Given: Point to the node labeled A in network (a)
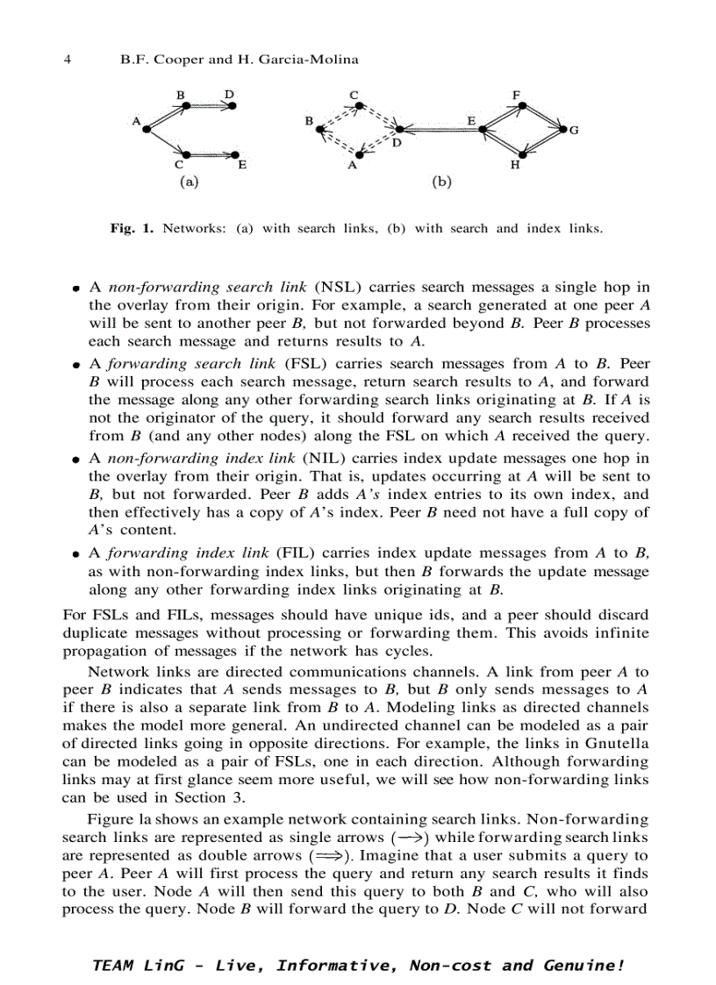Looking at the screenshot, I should [144, 127].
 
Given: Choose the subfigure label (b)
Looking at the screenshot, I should [441, 182].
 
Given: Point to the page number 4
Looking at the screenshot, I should [68, 61].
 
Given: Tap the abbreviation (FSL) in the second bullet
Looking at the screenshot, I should [306, 363].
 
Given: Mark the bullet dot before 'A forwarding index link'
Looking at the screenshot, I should [77, 554].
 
